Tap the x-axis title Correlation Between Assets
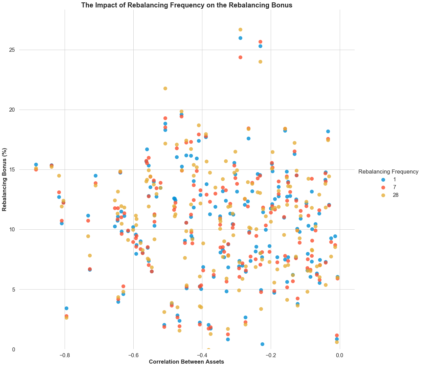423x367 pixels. (186, 362)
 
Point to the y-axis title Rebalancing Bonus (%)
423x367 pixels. (5, 179)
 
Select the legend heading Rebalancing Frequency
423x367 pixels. (388, 171)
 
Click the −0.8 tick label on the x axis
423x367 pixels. (65, 355)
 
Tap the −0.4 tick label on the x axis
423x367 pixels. (202, 355)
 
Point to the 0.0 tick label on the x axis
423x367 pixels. (339, 355)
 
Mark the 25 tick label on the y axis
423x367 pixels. (12, 50)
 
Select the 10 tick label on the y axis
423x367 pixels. (12, 230)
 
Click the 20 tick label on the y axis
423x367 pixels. (12, 110)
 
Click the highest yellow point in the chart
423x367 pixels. (240, 30)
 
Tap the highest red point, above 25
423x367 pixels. (260, 42)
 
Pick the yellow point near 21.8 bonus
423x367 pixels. (165, 88)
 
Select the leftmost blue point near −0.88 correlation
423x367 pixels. (36, 164)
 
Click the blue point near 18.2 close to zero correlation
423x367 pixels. (328, 131)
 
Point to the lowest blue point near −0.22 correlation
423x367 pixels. (262, 344)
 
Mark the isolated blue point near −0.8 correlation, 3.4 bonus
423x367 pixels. (66, 308)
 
